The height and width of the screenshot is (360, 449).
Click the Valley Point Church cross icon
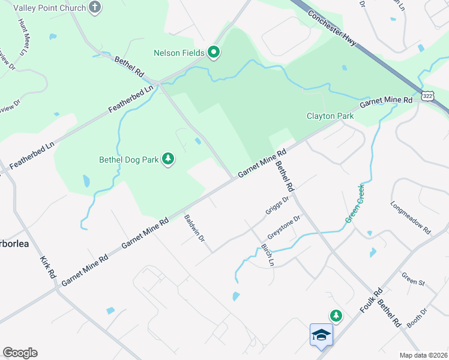pyautogui.click(x=94, y=7)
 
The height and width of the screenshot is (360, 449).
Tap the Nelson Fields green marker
pyautogui.click(x=213, y=53)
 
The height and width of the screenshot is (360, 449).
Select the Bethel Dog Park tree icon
pyautogui.click(x=169, y=160)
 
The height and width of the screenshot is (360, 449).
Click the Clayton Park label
pyautogui.click(x=330, y=116)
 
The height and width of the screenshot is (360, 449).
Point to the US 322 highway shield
pyautogui.click(x=427, y=96)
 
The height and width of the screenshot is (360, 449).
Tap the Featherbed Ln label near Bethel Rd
pyautogui.click(x=131, y=100)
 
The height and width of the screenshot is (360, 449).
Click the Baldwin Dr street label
pyautogui.click(x=195, y=229)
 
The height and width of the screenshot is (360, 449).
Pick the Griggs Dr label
pyautogui.click(x=277, y=205)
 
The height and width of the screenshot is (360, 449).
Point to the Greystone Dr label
pyautogui.click(x=283, y=228)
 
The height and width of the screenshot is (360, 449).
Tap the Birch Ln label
pyautogui.click(x=267, y=255)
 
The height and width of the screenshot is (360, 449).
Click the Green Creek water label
pyautogui.click(x=355, y=204)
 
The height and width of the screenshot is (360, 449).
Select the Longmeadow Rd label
pyautogui.click(x=411, y=217)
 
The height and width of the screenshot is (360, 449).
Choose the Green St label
pyautogui.click(x=413, y=279)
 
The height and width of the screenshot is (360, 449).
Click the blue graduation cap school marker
pyautogui.click(x=321, y=335)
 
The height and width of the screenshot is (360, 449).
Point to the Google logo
pyautogui.click(x=20, y=353)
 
